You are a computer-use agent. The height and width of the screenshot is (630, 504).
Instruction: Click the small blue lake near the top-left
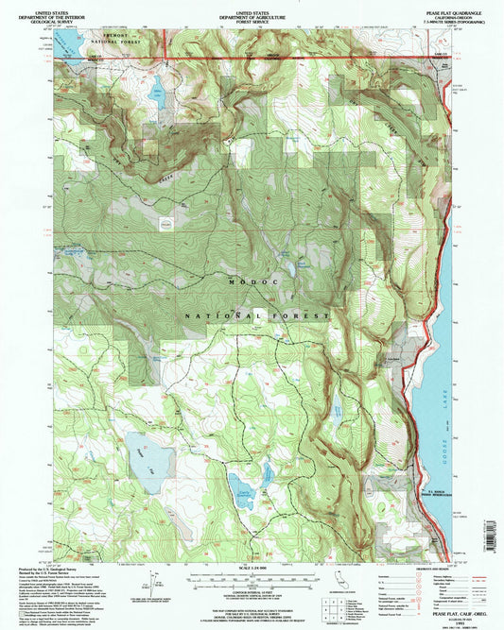(x=155, y=92)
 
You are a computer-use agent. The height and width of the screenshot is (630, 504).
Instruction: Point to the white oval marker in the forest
(x=166, y=224)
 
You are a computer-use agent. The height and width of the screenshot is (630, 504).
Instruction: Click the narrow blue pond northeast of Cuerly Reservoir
(x=269, y=469)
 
